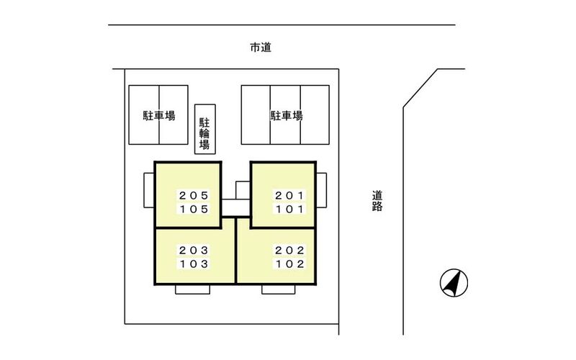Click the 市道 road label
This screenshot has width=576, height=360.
(261, 48)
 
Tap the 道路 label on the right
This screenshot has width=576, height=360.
(377, 201)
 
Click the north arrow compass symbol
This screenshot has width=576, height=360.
(454, 282)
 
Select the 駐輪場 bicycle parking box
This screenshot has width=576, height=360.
(205, 129)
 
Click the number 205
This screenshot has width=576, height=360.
(194, 195)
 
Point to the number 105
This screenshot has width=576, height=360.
(194, 210)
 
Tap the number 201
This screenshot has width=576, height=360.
(289, 195)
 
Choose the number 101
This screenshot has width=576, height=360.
(289, 210)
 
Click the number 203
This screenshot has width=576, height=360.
(194, 250)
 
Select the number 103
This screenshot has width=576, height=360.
(194, 264)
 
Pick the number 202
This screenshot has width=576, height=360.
(289, 250)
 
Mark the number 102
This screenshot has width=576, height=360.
(289, 264)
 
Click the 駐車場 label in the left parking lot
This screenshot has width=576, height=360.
(158, 116)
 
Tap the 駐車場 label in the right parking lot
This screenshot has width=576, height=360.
(287, 116)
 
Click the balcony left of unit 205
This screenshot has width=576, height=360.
(149, 190)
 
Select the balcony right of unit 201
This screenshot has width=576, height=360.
(321, 190)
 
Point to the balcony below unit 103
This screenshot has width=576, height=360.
(192, 289)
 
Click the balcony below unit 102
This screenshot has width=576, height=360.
(279, 289)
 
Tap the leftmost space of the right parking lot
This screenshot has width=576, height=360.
(256, 114)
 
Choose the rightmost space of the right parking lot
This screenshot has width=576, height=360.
(315, 114)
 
